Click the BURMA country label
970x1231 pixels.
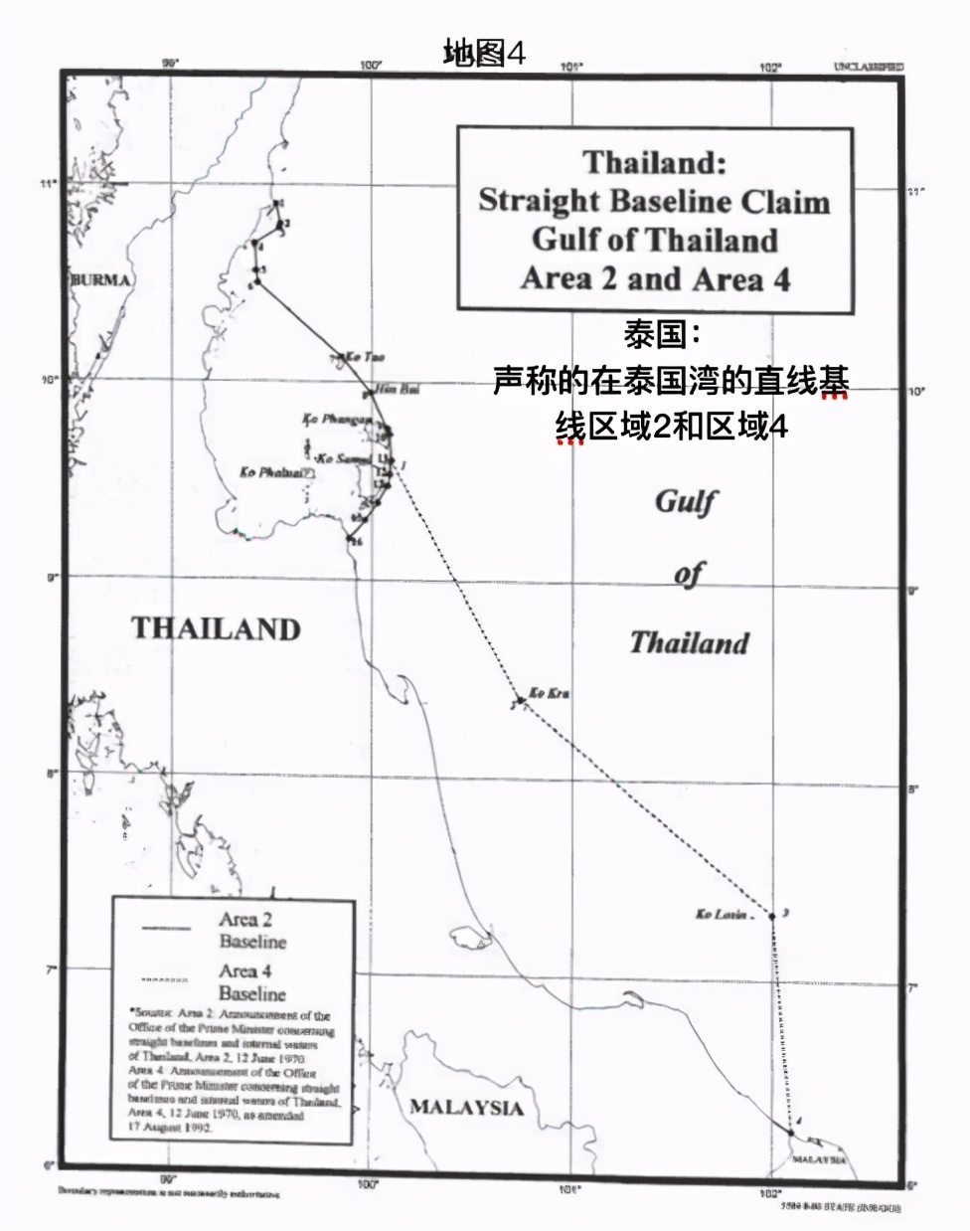click(x=100, y=279)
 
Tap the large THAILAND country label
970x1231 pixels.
click(x=216, y=628)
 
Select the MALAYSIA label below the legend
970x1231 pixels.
click(x=466, y=1108)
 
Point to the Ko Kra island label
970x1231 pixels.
click(x=549, y=692)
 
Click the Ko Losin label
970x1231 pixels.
click(x=722, y=914)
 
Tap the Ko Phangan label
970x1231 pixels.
click(x=338, y=420)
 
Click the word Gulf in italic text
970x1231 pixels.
click(x=686, y=501)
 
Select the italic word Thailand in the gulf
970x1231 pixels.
click(x=689, y=642)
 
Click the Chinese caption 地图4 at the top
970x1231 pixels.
click(x=484, y=53)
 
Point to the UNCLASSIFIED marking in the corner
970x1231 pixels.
click(x=869, y=67)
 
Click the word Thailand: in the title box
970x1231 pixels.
click(x=655, y=162)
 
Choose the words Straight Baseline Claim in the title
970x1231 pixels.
click(x=654, y=201)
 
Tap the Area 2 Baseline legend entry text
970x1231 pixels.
click(x=252, y=931)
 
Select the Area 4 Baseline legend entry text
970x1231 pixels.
click(x=252, y=982)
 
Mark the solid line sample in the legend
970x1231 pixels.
click(x=166, y=929)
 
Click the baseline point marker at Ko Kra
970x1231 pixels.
click(x=521, y=700)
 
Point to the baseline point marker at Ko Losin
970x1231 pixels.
click(x=771, y=916)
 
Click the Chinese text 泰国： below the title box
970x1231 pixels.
click(x=655, y=334)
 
